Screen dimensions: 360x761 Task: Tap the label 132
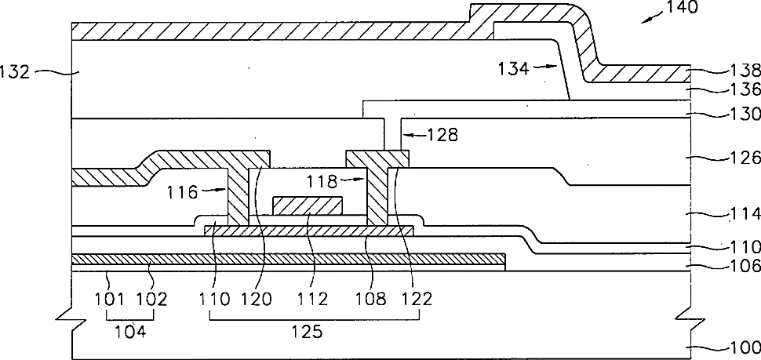click(14, 73)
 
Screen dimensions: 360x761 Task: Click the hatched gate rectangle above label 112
click(308, 205)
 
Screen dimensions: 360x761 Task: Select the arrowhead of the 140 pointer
click(644, 22)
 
